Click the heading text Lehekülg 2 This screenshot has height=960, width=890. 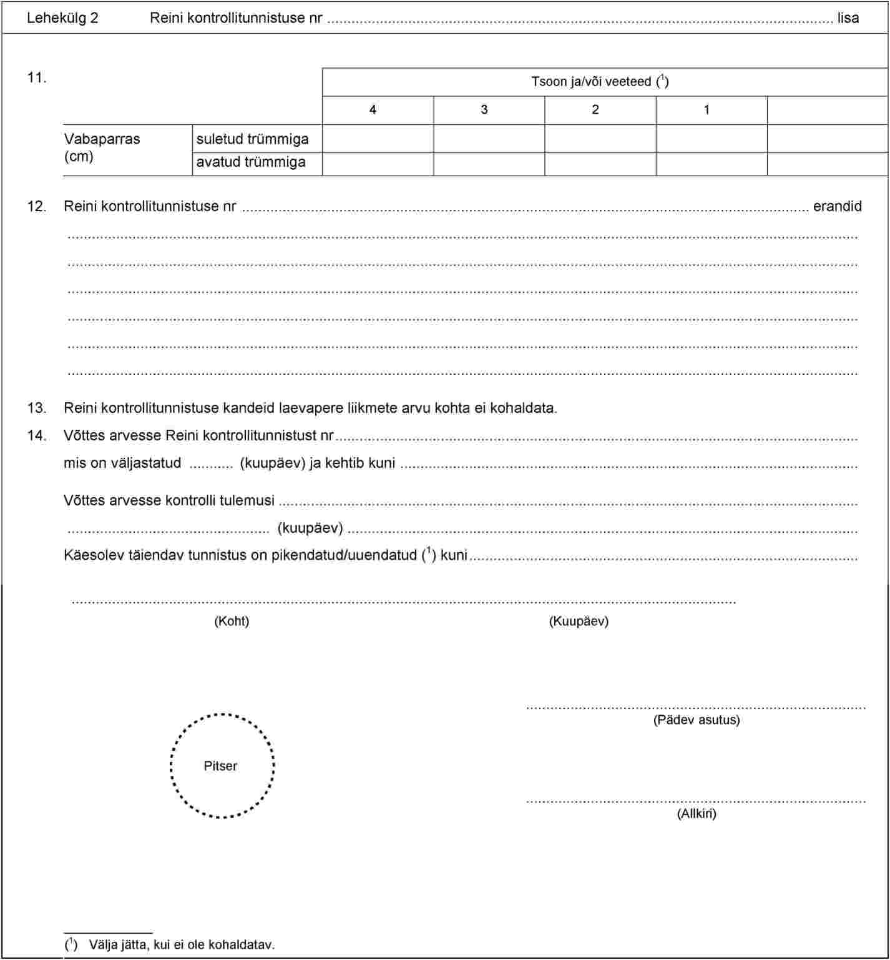pos(62,18)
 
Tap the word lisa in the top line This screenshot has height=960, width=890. pos(848,18)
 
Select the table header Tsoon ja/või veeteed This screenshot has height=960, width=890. pos(600,82)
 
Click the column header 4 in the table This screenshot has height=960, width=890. pos(373,110)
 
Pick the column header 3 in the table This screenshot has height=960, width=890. pos(484,110)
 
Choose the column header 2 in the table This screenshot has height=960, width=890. pos(595,110)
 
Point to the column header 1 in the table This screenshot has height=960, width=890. pos(707,110)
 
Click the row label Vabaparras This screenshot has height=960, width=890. pos(102,139)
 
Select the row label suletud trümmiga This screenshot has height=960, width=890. pos(252,139)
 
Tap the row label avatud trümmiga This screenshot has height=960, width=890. pos(251,162)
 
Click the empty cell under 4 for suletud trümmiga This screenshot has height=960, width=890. pos(378,139)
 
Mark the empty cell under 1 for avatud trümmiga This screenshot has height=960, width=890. pos(712,164)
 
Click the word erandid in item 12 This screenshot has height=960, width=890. pos(837,207)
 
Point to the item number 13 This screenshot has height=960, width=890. pos(36,408)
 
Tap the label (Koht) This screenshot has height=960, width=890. pos(232,621)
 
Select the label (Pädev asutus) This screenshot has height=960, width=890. pos(697,720)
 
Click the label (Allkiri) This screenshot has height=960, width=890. pos(697,814)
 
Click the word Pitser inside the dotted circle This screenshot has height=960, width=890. pos(220,766)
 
